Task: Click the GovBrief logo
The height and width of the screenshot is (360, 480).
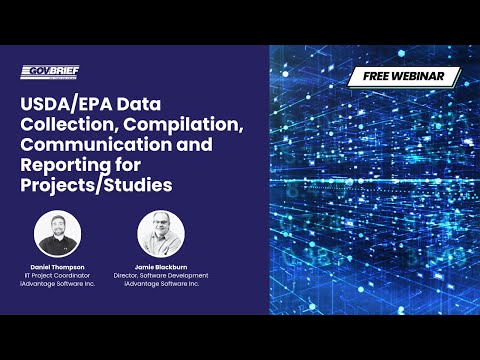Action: tap(50, 71)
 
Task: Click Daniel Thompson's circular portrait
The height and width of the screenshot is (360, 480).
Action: tap(57, 232)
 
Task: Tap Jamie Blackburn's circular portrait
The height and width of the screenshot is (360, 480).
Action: tap(161, 232)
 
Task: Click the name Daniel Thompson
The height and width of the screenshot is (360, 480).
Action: tap(57, 267)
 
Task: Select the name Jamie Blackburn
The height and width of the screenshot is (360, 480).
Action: tap(161, 267)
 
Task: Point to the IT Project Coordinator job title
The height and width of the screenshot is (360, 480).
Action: tap(57, 275)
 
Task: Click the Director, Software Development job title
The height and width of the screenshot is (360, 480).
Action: tap(161, 275)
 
